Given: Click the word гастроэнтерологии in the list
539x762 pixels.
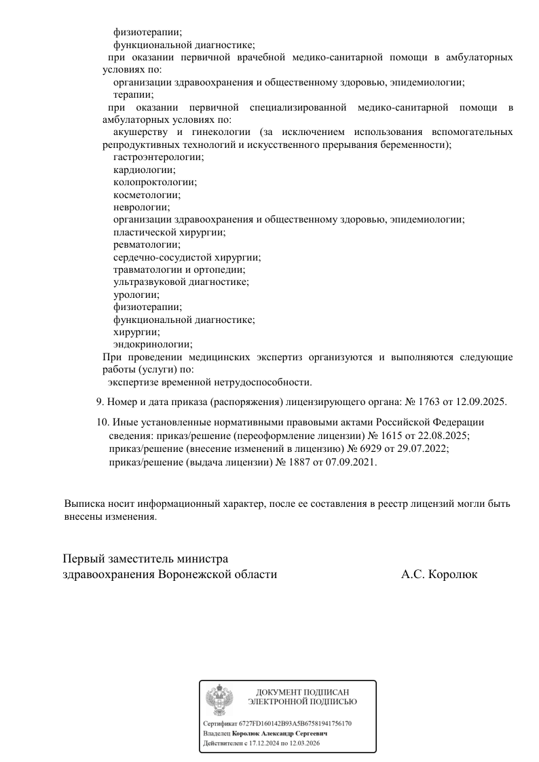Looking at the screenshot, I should click(158, 157).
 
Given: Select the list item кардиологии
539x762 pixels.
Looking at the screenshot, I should click(144, 170).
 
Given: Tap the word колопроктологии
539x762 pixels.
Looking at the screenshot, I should click(155, 182).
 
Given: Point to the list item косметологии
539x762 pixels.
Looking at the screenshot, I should click(147, 194).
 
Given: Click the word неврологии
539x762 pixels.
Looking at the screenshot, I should click(142, 207).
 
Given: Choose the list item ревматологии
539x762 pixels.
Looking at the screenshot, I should click(147, 244).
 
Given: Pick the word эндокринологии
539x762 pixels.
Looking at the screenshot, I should click(153, 345).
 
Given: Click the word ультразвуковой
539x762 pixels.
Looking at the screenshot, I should click(146, 282).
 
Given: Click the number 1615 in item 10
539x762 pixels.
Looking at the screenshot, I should click(390, 435).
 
